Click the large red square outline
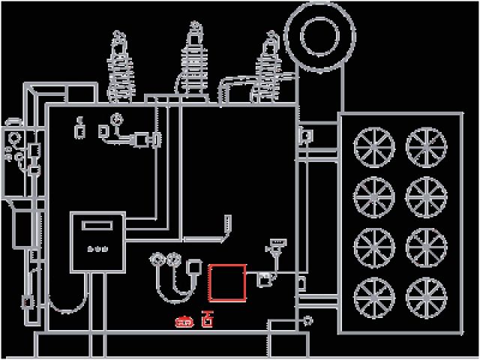(227, 283)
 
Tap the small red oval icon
(184, 322)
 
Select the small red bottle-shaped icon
(207, 321)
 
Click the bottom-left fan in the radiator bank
(373, 295)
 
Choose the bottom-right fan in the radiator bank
(424, 295)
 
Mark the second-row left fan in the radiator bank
(373, 196)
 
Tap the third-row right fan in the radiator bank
(424, 246)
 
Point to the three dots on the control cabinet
(96, 249)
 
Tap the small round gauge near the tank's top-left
(115, 118)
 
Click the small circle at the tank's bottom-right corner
(307, 320)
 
